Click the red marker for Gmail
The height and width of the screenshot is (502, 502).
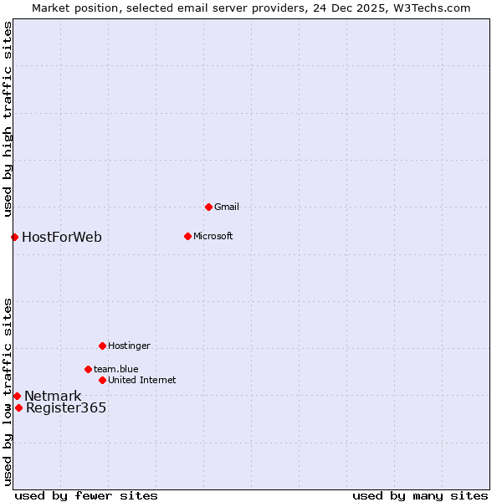(208, 207)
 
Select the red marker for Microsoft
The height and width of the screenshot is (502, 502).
(187, 236)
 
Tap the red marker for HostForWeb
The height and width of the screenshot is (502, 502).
(14, 237)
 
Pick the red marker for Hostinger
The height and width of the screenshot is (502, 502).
(102, 346)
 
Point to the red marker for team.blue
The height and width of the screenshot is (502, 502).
(88, 369)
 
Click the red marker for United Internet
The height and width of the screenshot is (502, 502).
(102, 380)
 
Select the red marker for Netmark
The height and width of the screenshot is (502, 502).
(17, 396)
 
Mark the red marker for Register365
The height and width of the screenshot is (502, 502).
(18, 407)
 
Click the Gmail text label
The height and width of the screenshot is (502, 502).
(227, 207)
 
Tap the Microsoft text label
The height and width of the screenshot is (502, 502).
(213, 236)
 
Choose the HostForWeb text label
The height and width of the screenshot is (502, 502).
(62, 237)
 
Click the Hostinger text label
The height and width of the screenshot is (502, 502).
(129, 346)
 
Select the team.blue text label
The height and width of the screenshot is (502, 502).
(115, 369)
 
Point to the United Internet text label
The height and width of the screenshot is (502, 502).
(141, 380)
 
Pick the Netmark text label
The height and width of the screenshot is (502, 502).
(53, 396)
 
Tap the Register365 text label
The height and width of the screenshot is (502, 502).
(66, 407)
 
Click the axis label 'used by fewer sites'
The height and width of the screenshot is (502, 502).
(86, 495)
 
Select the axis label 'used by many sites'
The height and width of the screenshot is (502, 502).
(420, 495)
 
